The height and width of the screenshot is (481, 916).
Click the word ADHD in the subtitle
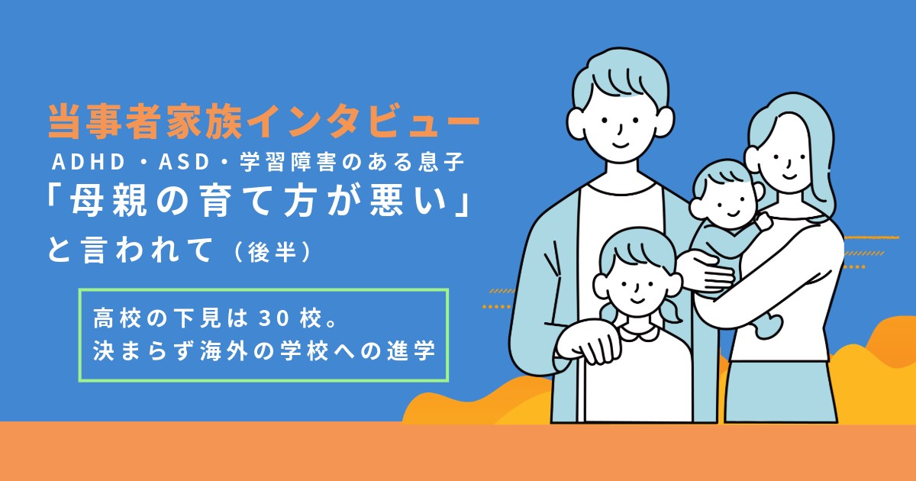(89, 162)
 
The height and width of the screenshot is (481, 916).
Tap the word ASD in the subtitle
(185, 162)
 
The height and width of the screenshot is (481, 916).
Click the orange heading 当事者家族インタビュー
(264, 122)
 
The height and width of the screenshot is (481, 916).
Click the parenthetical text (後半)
(273, 252)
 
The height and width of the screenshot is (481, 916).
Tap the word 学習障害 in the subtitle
(288, 162)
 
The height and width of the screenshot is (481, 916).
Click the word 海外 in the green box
(224, 351)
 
